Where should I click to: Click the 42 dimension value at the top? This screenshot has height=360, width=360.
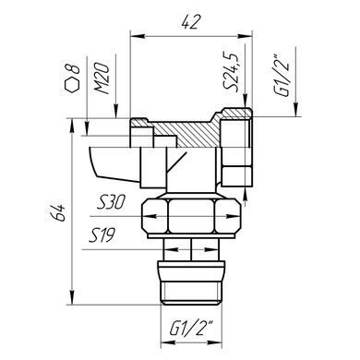coord(191,22)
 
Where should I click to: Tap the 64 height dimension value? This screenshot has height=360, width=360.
coord(59,212)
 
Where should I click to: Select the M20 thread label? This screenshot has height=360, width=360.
coord(102,78)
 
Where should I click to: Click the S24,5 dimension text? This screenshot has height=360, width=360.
coord(231,71)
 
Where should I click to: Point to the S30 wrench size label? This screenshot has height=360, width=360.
coord(111,203)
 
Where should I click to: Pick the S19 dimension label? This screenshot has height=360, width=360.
coord(102,235)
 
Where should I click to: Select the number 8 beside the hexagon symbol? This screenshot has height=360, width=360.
coord(73,69)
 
